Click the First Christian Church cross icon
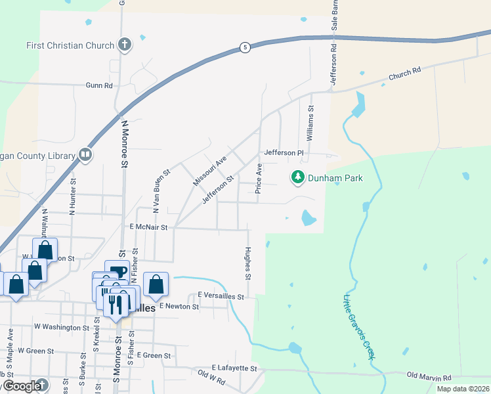point(124,45)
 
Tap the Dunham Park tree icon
point(298,177)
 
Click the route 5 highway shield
point(244,48)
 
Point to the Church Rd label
point(404,74)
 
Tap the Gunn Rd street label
point(99,85)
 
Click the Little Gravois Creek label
point(357,326)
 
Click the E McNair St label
point(149,227)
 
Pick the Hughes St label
point(247,263)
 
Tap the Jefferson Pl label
point(284,153)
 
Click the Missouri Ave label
point(209,171)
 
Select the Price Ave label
point(259,180)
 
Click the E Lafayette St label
point(234,368)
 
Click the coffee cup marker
point(117,271)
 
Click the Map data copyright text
point(463,389)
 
